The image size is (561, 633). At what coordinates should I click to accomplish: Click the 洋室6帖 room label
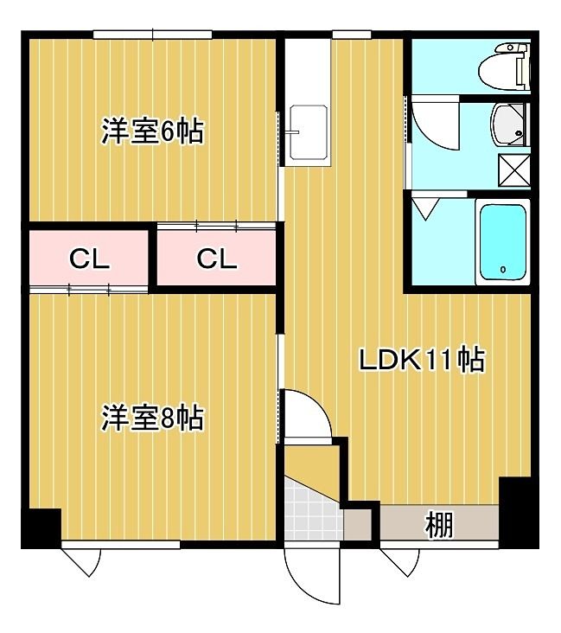point(152,131)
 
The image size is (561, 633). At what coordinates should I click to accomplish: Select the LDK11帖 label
point(422,359)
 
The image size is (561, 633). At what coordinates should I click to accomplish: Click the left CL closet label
point(89,259)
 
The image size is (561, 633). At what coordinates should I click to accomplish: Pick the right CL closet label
point(217,259)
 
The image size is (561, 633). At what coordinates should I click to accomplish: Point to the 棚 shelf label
point(439,524)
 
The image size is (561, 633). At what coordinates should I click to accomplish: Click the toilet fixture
point(505,67)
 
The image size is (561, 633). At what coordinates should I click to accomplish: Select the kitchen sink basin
point(309,132)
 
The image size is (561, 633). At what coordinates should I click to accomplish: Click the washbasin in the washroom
point(508,125)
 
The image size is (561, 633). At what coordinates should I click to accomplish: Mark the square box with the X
point(514,170)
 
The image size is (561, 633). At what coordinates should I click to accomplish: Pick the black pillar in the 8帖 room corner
point(41,528)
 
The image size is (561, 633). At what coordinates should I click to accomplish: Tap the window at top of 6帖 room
point(152,35)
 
